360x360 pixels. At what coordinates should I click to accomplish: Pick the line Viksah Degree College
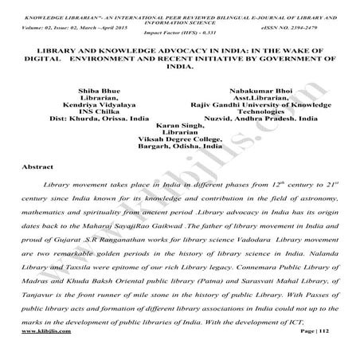point(179,140)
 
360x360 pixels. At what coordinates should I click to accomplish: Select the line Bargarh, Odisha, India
point(179,148)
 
